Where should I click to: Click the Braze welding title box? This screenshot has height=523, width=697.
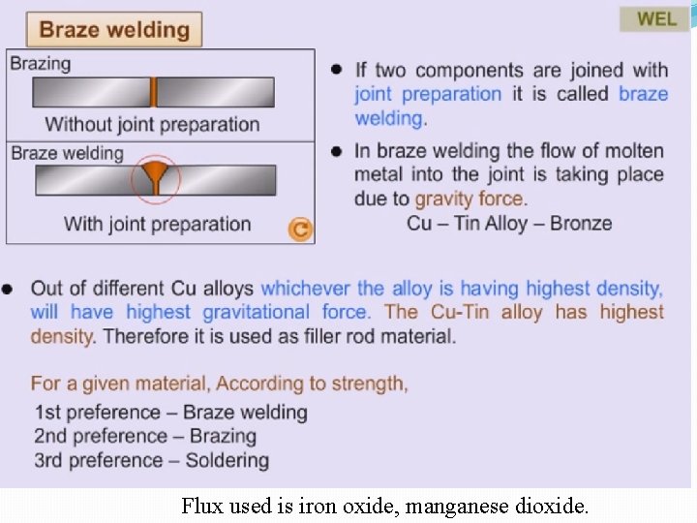pos(114,29)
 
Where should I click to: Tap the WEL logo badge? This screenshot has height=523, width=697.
pos(656,18)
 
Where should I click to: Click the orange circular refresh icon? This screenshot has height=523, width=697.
pos(300,229)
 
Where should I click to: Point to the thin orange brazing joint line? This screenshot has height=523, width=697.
pos(153,92)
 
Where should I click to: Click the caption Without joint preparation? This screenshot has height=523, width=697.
pos(152,124)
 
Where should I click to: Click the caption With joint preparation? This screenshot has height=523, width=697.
pos(157,224)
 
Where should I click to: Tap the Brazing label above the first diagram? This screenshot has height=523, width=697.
pos(41,63)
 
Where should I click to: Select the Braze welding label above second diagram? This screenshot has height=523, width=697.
pos(67,153)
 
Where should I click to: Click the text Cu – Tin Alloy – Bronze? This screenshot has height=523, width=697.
pos(509,223)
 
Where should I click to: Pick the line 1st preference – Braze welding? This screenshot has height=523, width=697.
pos(170,413)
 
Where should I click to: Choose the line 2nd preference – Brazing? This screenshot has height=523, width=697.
pos(145,436)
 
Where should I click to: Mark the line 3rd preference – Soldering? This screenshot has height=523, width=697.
pos(151,460)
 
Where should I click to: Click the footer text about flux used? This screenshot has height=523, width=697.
pos(384,506)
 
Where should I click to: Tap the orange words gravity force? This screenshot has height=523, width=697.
pos(470,199)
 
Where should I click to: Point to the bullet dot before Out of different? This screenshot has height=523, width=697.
pos(9,289)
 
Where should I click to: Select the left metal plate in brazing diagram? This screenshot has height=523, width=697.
pos(91,92)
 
